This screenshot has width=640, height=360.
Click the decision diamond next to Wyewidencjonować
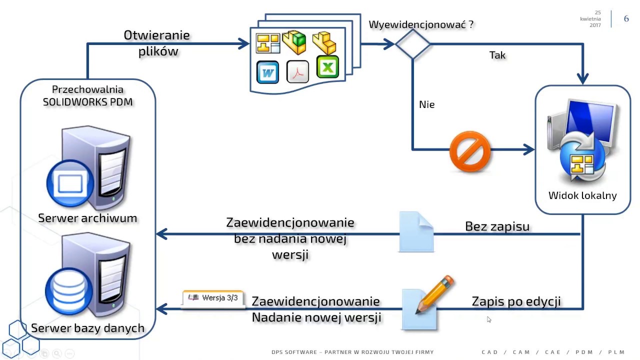[x=412, y=44]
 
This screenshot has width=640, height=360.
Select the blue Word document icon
[x=267, y=72]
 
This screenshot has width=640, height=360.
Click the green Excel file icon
[x=327, y=66]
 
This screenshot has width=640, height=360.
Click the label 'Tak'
[x=497, y=55]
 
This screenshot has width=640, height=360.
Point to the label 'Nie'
[x=426, y=104]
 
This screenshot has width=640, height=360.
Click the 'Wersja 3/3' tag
[x=213, y=298]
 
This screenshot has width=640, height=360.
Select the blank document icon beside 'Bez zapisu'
[x=416, y=232]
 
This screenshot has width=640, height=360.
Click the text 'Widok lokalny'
[x=582, y=195]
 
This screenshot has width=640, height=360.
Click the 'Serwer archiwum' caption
[x=87, y=218]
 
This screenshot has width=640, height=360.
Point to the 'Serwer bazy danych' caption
[x=87, y=328]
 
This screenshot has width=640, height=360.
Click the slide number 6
[x=626, y=19]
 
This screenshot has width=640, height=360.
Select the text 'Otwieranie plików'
[x=156, y=43]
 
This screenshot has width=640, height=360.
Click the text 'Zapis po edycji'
[x=516, y=301]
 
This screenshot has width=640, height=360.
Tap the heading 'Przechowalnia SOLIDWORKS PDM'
[x=87, y=95]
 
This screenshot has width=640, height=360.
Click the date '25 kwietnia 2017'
[x=591, y=18]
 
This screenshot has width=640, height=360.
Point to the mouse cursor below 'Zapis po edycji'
[x=488, y=319]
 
